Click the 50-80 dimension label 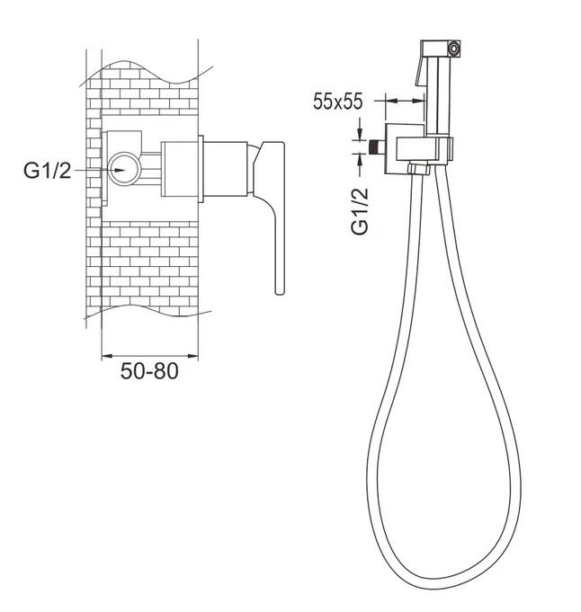[x=149, y=371]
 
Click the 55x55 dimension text [x=338, y=102]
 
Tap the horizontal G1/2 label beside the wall [x=48, y=171]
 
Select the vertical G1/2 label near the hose [x=360, y=211]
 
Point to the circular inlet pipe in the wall [x=123, y=169]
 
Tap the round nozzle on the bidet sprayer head [x=453, y=49]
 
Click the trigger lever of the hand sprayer [x=420, y=71]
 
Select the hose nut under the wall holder [x=419, y=169]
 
